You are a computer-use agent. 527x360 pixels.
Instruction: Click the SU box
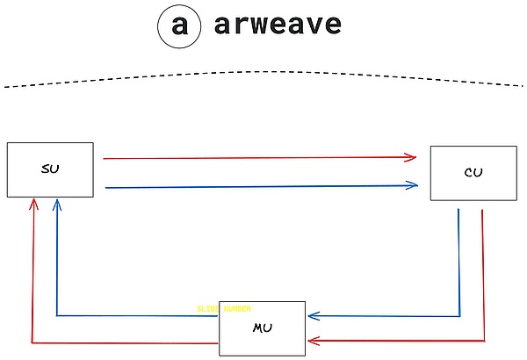[x=50, y=169]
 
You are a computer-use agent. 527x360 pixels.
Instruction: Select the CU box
[x=473, y=172]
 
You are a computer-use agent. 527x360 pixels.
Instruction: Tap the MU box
[x=263, y=328]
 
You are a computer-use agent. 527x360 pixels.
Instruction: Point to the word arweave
[x=277, y=25]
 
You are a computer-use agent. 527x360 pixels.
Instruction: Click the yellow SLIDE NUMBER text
[x=225, y=308]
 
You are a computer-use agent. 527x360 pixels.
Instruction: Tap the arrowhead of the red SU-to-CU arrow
[x=411, y=158]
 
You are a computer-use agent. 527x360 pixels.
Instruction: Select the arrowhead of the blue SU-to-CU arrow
[x=412, y=184]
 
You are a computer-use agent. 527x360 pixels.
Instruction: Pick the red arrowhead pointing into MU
[x=312, y=340]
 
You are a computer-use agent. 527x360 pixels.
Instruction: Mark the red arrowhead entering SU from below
[x=33, y=203]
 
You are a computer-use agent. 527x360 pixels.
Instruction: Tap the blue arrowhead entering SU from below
[x=57, y=203]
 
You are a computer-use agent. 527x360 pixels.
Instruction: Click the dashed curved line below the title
[x=263, y=71]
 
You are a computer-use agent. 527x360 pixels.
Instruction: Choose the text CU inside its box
[x=473, y=172]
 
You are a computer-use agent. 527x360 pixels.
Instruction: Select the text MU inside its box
[x=263, y=328]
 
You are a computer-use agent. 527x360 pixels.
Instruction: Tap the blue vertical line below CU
[x=459, y=263]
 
